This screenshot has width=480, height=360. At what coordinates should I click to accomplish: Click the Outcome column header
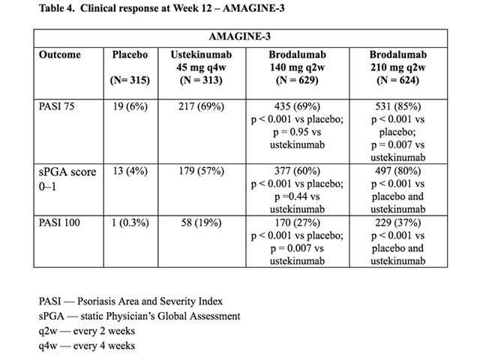[x=59, y=55]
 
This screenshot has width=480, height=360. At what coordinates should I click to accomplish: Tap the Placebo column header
[x=130, y=55]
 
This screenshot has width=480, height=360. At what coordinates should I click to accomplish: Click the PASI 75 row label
[x=56, y=106]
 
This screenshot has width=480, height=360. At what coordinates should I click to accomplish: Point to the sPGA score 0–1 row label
[x=67, y=178]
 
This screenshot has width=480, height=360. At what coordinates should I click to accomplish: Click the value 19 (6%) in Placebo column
[x=130, y=106]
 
